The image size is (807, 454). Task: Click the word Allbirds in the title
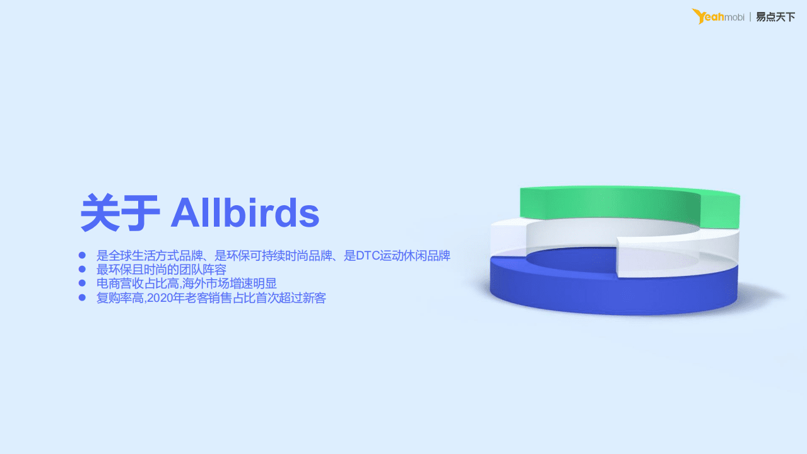[x=245, y=213]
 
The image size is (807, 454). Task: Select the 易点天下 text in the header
[x=775, y=17]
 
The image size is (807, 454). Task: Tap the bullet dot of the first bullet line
[x=81, y=255]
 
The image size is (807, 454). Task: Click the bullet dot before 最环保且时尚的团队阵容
[x=81, y=269]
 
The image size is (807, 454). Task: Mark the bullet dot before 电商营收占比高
[x=81, y=283]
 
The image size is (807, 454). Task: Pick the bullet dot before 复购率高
[x=81, y=297]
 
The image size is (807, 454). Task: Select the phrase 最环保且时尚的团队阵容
[x=161, y=270]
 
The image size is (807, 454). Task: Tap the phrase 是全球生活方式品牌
[x=150, y=256]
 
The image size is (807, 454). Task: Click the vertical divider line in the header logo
[x=750, y=17]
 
